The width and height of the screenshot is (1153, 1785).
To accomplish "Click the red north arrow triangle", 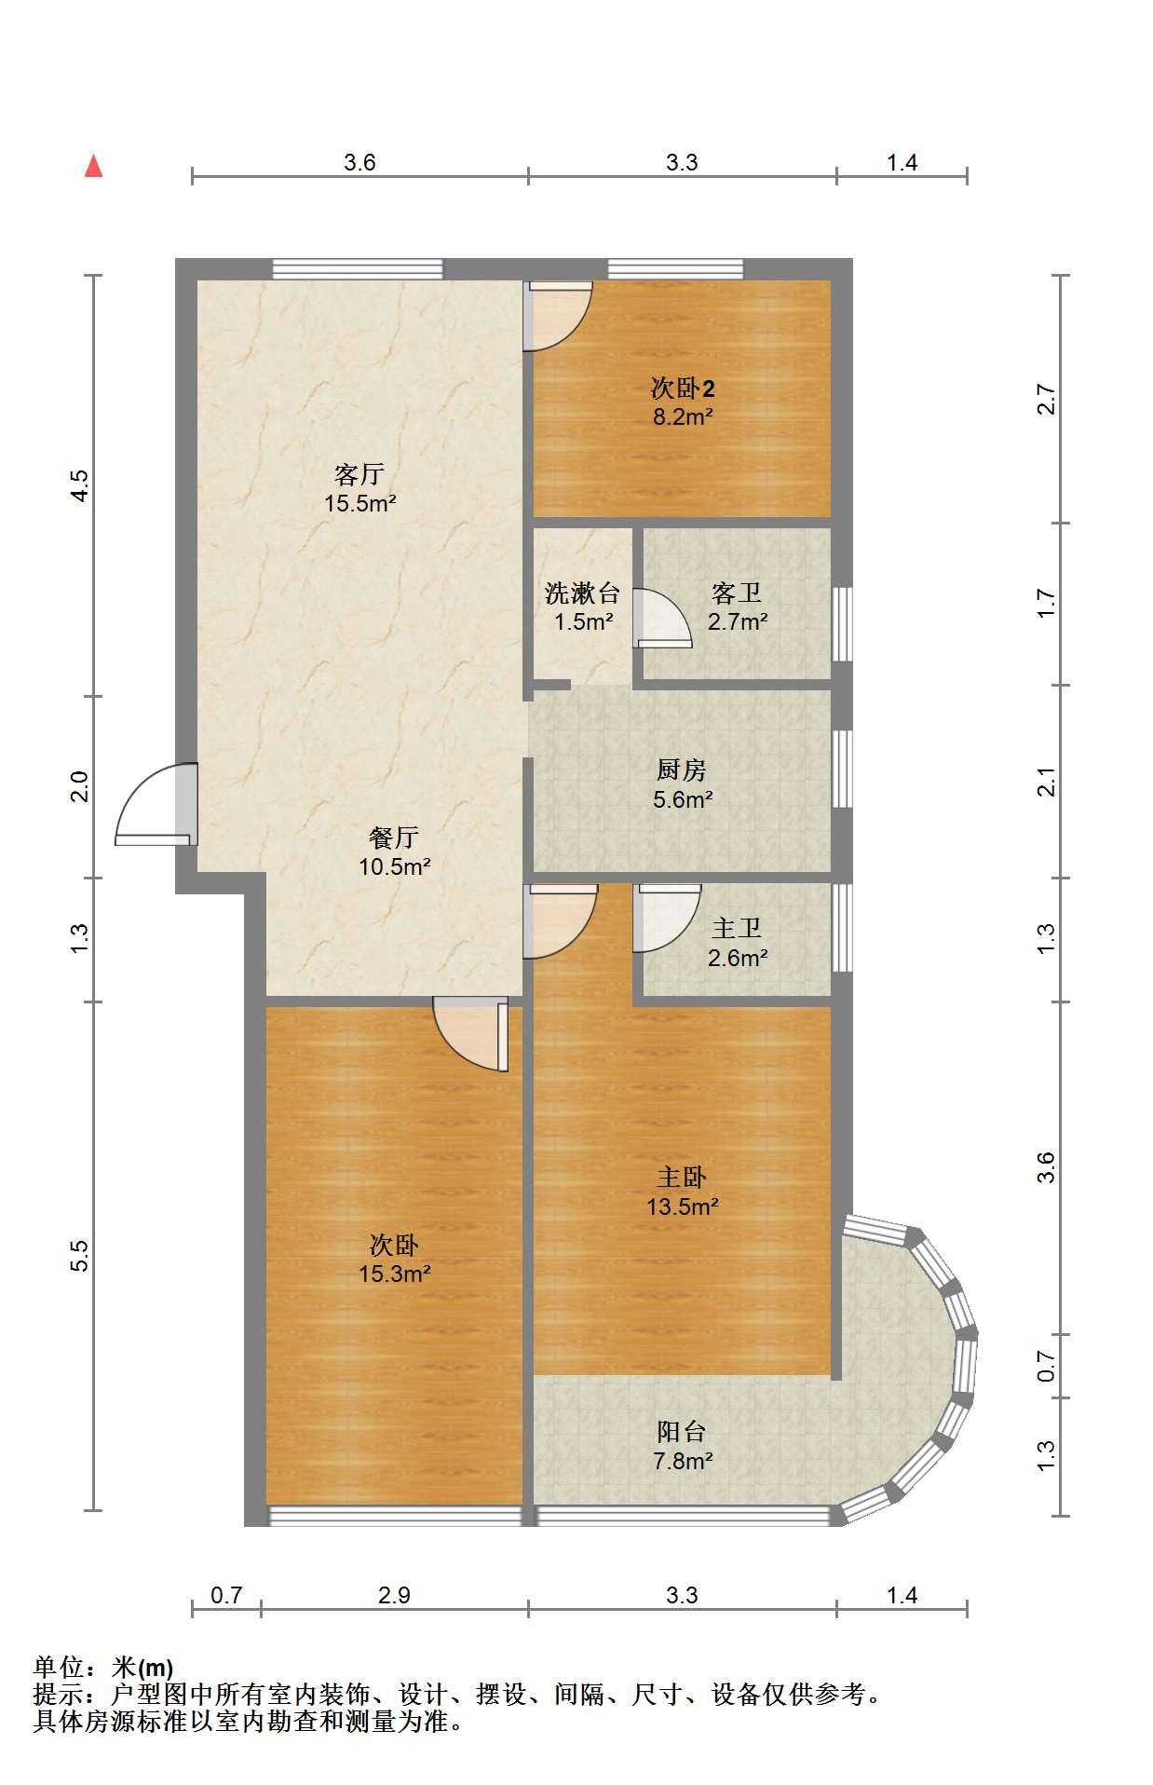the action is tap(93, 166).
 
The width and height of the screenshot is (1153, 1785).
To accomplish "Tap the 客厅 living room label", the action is tap(359, 474).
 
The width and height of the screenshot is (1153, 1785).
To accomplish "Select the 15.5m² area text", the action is tap(359, 504).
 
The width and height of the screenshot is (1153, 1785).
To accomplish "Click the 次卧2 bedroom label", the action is tap(683, 388).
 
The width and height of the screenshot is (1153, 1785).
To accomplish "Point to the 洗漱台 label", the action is tap(582, 593).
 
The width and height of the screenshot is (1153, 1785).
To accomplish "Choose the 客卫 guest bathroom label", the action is tap(737, 593).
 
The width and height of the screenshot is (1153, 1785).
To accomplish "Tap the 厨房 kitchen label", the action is tap(682, 770).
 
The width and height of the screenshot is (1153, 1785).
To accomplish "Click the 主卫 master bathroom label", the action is tap(737, 928).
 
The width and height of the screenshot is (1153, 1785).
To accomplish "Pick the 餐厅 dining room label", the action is tap(394, 838).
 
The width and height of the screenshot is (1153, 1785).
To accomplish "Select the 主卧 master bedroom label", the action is tap(682, 1178).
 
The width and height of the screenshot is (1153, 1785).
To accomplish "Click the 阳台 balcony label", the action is tap(682, 1431).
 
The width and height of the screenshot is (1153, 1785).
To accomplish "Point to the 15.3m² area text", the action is tap(395, 1274).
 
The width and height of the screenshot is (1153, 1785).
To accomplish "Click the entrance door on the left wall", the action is tap(156, 804).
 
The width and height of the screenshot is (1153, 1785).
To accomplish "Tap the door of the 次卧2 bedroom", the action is tap(558, 316).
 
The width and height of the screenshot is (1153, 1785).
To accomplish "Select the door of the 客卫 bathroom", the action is tap(662, 619).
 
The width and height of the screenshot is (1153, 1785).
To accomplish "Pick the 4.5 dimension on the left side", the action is tap(81, 485).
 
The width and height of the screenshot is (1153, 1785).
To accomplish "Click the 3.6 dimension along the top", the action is tap(359, 163).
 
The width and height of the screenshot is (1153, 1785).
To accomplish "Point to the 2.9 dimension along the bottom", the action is tap(394, 1596).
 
